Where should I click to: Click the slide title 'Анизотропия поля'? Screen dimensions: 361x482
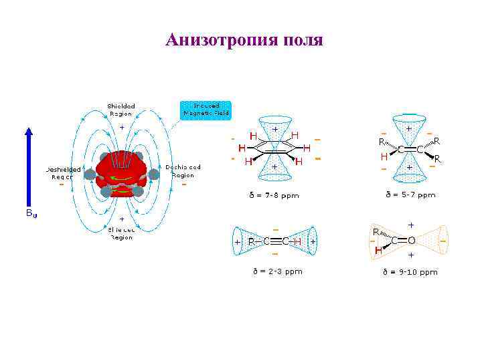(244, 40)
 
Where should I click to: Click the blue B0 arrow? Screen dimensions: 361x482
(29, 167)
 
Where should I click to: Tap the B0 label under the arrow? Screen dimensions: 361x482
(31, 213)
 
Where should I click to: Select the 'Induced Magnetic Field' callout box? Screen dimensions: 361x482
(206, 110)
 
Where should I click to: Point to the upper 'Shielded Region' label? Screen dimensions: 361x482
(121, 110)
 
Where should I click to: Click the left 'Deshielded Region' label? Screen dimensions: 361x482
(63, 173)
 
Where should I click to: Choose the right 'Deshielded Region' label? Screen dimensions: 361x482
(183, 171)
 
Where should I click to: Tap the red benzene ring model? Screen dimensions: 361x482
(121, 172)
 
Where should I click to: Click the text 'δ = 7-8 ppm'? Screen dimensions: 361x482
(274, 196)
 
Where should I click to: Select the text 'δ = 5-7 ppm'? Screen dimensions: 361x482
(410, 195)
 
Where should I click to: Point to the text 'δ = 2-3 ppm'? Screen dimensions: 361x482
(277, 271)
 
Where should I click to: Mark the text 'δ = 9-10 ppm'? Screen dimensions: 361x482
(410, 272)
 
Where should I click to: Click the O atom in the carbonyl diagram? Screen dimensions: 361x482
(412, 240)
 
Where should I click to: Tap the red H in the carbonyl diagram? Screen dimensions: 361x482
(378, 251)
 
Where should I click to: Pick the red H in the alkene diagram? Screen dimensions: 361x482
(384, 157)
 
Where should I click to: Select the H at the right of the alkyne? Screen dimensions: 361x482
(297, 241)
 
